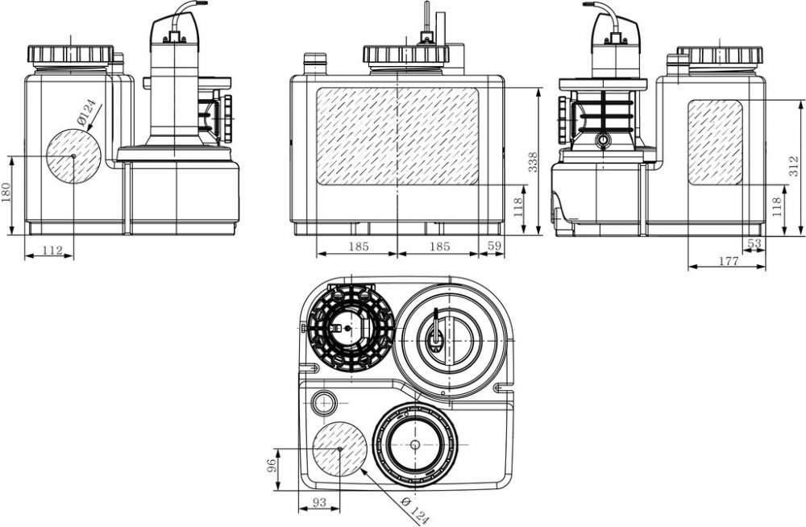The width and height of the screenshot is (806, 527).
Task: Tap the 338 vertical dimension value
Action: point(533,163)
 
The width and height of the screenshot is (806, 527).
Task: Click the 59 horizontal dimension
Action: point(494,247)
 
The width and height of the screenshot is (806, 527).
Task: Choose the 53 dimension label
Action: point(754,243)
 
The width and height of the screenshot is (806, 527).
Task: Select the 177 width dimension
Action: point(728,260)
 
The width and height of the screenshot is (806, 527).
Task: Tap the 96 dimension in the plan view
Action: point(272,465)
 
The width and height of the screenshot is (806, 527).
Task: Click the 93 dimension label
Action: point(319,502)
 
